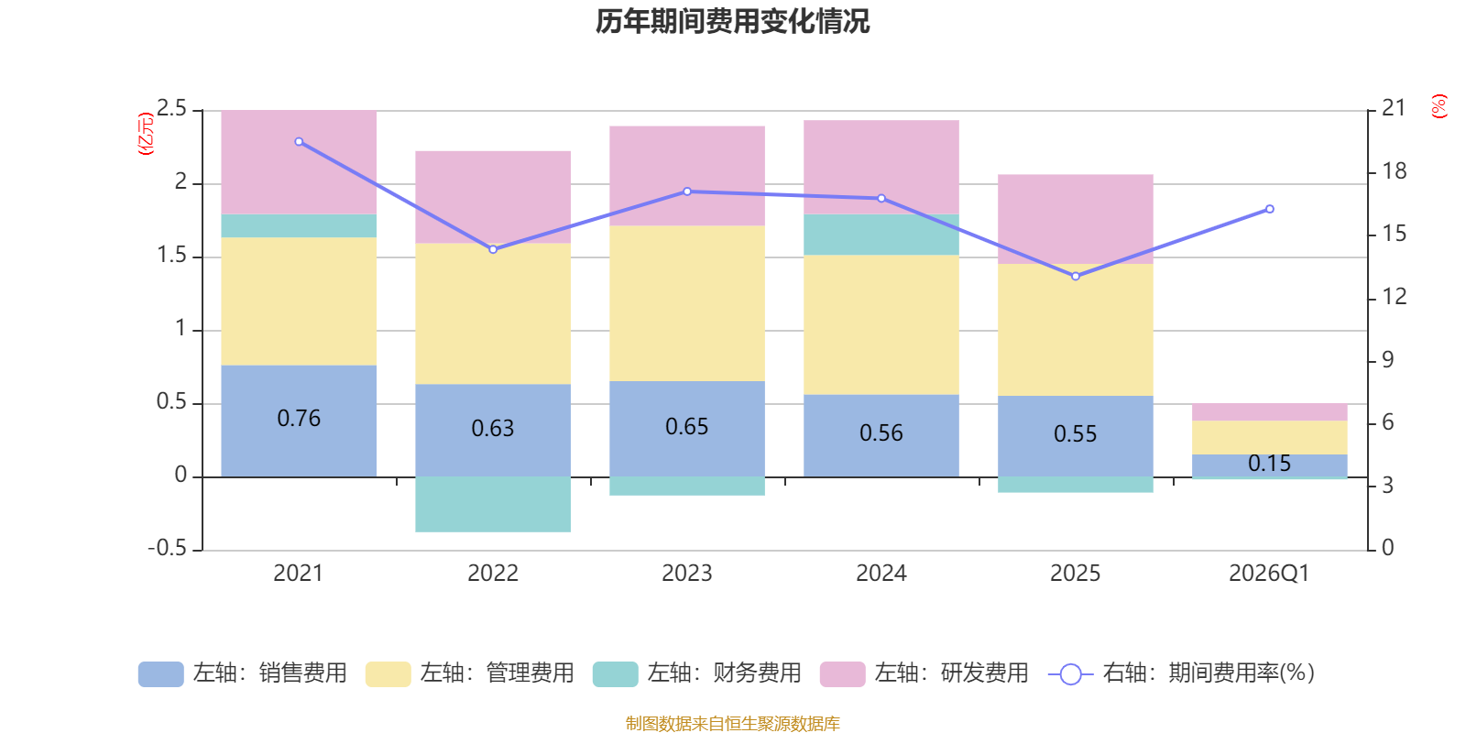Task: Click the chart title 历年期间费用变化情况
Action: (x=732, y=21)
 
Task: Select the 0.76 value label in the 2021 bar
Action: (x=299, y=419)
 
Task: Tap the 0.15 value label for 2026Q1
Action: (x=1269, y=464)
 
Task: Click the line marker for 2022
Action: (x=493, y=249)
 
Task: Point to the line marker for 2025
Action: (x=1076, y=276)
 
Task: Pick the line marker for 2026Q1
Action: (x=1270, y=209)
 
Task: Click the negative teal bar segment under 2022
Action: (x=493, y=504)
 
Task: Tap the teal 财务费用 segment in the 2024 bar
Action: (x=881, y=235)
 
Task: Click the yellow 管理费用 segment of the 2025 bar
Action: (x=1076, y=330)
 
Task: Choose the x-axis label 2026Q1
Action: (x=1269, y=574)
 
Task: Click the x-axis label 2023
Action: (x=687, y=574)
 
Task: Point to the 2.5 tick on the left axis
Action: (x=172, y=109)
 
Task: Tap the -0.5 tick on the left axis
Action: (x=168, y=548)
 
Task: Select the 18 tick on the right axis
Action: (x=1395, y=171)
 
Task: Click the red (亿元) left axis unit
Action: (x=145, y=134)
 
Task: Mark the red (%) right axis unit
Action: (x=1439, y=106)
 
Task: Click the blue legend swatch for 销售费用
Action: (x=160, y=674)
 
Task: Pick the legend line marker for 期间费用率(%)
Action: (x=1070, y=674)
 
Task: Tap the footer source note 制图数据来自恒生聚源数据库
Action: (x=732, y=724)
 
